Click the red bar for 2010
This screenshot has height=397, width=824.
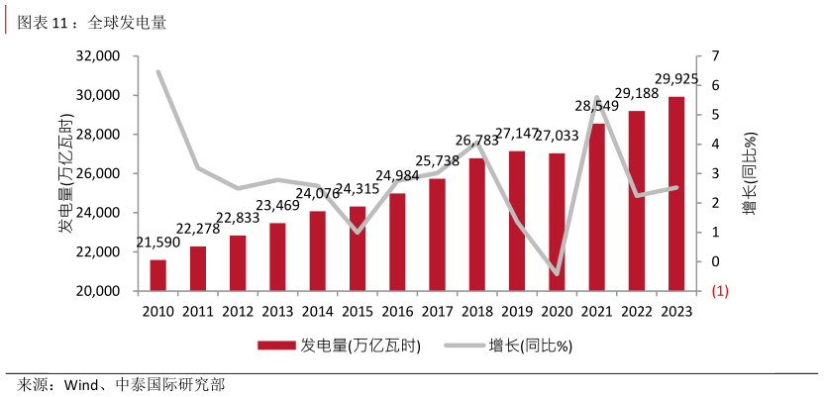click(x=158, y=275)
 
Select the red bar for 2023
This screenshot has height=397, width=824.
click(x=675, y=194)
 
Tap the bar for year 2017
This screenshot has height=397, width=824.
click(x=437, y=235)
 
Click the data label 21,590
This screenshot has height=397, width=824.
click(x=157, y=243)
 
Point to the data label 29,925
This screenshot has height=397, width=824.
click(x=677, y=79)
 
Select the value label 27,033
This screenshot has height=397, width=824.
click(x=559, y=135)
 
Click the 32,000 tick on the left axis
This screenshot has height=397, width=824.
click(x=97, y=56)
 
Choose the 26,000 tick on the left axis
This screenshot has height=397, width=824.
click(x=97, y=173)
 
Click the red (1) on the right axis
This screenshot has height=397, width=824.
click(x=719, y=291)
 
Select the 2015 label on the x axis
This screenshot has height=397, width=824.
click(x=357, y=311)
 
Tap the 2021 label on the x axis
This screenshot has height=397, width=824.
click(x=596, y=311)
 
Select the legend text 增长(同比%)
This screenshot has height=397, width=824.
click(x=531, y=347)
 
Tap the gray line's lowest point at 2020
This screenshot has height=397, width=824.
click(x=557, y=273)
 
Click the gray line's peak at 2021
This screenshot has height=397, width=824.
click(x=596, y=98)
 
